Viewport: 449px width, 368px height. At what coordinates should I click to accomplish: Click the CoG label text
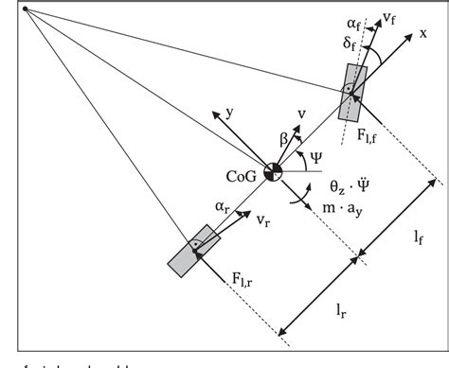coord(242,175)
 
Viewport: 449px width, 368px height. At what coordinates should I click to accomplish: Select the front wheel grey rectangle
coord(350,93)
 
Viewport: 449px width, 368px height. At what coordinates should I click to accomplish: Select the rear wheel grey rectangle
coord(192,250)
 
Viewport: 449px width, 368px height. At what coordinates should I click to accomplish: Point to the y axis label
coord(230,113)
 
